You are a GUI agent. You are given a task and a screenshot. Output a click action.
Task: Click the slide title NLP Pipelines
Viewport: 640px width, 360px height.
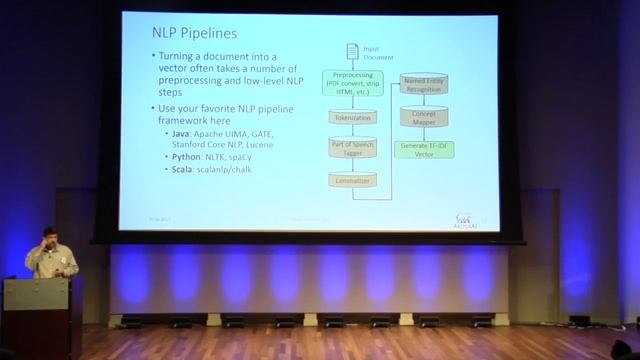(x=194, y=34)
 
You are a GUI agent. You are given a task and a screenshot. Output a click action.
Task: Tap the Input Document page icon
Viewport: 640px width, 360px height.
(x=352, y=51)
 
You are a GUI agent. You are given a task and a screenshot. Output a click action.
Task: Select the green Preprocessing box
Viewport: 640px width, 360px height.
(x=352, y=83)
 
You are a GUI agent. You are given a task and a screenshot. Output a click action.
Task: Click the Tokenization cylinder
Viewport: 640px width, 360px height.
(x=352, y=117)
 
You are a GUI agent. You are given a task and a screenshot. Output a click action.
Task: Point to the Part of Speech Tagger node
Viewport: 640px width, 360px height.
(x=352, y=148)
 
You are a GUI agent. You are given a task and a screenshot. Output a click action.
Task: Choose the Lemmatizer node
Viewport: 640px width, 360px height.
(x=352, y=180)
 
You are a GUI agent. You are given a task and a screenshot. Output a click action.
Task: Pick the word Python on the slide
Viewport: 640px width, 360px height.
(x=184, y=158)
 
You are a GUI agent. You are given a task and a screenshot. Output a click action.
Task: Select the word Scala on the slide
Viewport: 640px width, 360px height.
(x=180, y=171)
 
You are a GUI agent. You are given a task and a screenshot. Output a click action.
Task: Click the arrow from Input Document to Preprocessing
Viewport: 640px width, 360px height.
(x=352, y=64)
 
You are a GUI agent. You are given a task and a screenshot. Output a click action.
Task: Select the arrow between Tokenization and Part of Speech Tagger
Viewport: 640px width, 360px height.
(x=352, y=130)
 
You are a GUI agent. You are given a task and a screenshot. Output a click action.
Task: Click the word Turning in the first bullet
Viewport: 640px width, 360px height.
(x=182, y=57)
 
